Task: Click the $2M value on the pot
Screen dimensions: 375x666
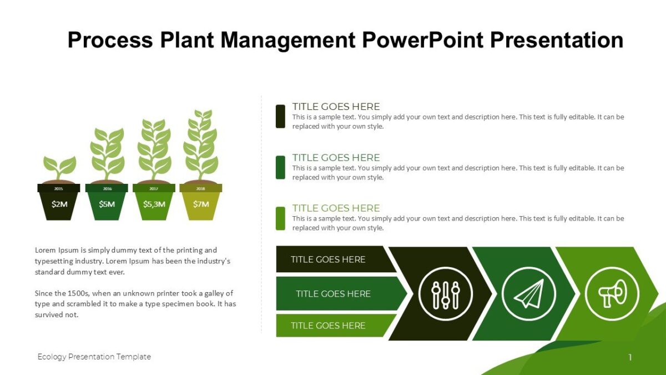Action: [x=59, y=204]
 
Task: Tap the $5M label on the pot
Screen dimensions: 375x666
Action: [x=107, y=204]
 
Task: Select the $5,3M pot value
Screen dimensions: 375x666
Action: [x=154, y=204]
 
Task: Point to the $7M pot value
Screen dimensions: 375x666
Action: [x=201, y=204]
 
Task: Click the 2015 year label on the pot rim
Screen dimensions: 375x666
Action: [x=59, y=189]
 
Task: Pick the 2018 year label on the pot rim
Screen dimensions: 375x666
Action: [x=201, y=189]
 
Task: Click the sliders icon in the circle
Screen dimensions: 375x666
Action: [x=445, y=293]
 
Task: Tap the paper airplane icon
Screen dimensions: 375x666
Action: [x=528, y=293]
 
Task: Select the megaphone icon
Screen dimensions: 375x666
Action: [x=612, y=293]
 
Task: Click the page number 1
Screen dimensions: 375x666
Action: [x=630, y=357]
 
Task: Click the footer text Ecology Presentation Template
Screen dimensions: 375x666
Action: [x=94, y=357]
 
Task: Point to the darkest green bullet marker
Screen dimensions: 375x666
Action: [x=280, y=116]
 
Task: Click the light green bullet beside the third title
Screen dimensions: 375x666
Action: [x=280, y=218]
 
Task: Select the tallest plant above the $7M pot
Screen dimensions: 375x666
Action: [x=201, y=144]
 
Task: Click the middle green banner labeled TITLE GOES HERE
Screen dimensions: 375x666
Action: [x=333, y=294]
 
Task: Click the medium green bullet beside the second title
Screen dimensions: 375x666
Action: [x=280, y=167]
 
